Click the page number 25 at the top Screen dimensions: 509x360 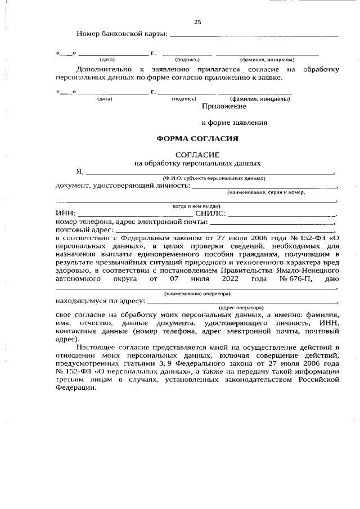click(197, 22)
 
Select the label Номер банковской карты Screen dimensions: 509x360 click(121, 35)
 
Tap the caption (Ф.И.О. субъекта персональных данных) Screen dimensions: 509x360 click(210, 178)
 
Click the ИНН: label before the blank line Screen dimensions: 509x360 click(65, 214)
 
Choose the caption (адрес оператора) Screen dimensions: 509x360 click(241, 308)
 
